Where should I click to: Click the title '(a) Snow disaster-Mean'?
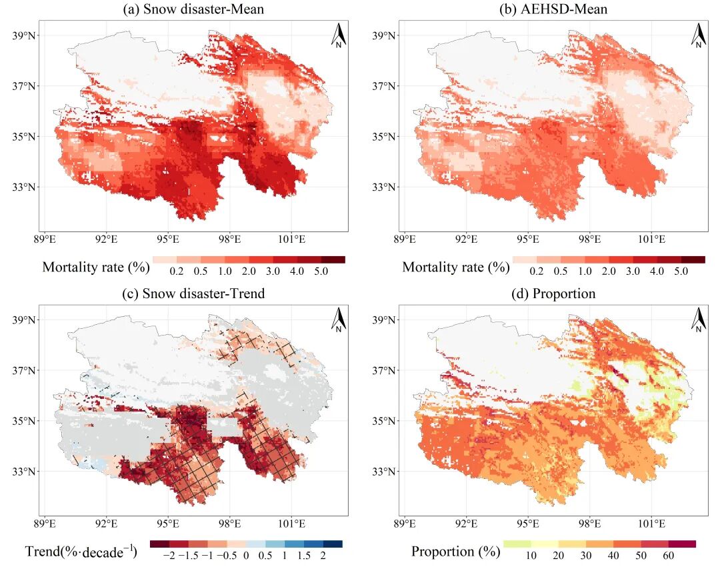pyautogui.click(x=193, y=9)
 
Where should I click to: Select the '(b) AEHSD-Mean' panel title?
pyautogui.click(x=553, y=9)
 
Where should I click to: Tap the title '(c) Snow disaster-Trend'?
pyautogui.click(x=193, y=294)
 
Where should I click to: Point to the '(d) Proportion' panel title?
pyautogui.click(x=553, y=294)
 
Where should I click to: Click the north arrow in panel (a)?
pyautogui.click(x=339, y=36)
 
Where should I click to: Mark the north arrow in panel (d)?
pyautogui.click(x=699, y=320)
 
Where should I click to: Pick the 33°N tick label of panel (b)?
pyautogui.click(x=384, y=187)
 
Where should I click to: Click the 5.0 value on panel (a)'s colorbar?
pyautogui.click(x=321, y=271)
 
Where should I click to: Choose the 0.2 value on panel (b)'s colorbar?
pyautogui.click(x=536, y=271)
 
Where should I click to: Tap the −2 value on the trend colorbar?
pyautogui.click(x=169, y=556)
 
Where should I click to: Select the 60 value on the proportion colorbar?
pyautogui.click(x=668, y=556)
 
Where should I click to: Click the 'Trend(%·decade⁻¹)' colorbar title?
pyautogui.click(x=81, y=552)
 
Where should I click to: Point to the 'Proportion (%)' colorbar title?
pyautogui.click(x=455, y=552)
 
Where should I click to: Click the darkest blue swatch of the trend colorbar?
pyautogui.click(x=333, y=544)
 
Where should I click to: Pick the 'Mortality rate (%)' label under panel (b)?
pyautogui.click(x=456, y=267)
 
